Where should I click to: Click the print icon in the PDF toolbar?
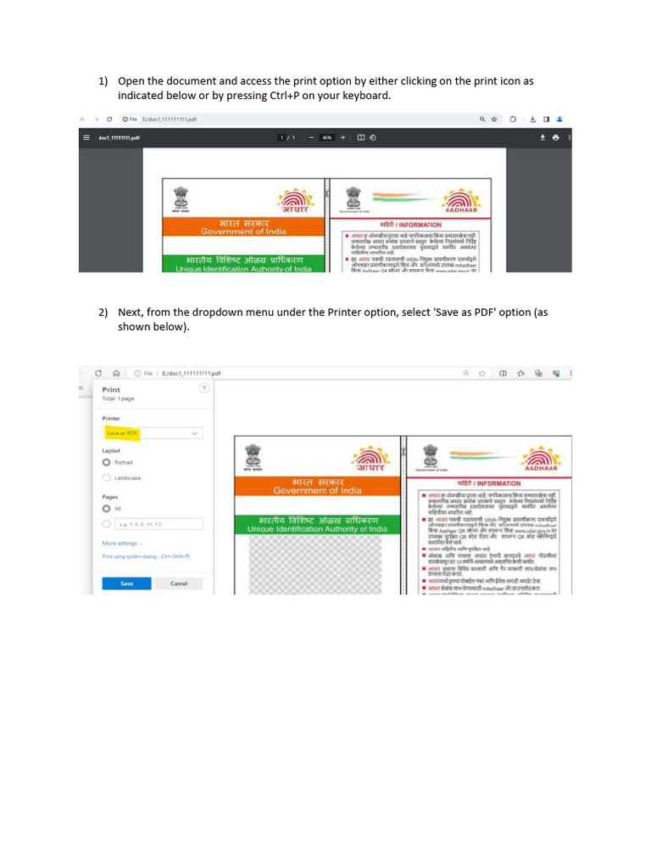555,137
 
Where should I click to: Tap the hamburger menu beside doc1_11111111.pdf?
86,137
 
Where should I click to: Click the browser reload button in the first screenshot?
110,119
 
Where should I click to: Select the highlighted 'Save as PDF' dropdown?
153,433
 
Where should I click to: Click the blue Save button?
126,583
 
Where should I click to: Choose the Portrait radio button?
106,462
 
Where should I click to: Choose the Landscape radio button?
106,478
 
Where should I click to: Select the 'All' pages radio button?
106,509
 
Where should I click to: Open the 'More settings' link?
120,543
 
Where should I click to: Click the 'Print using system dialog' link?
145,556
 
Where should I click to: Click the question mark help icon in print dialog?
203,388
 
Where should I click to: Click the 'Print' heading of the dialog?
111,389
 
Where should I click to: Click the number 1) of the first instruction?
103,81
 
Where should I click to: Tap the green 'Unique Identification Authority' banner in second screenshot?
316,524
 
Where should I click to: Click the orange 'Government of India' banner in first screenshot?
243,226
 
